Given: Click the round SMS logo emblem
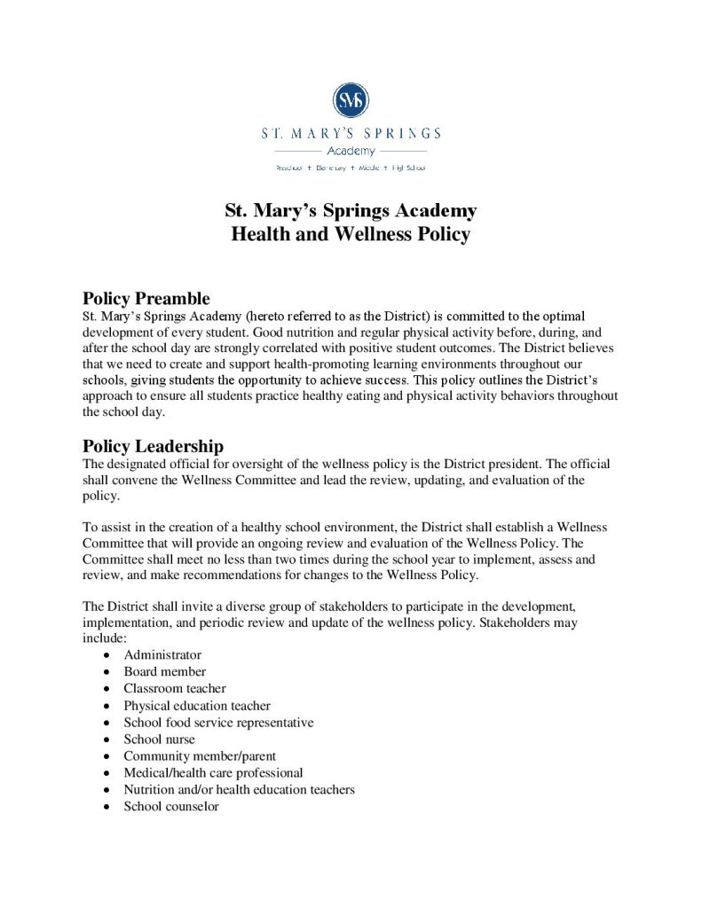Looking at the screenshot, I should click(x=351, y=99).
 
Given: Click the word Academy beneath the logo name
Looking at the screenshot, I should click(x=351, y=151).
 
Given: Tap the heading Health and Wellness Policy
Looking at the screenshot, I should click(x=351, y=235).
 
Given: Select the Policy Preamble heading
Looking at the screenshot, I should click(x=146, y=298).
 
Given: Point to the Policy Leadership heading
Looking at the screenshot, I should click(x=153, y=446).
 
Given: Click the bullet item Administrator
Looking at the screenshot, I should click(x=162, y=654).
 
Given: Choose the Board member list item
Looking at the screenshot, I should click(x=164, y=671).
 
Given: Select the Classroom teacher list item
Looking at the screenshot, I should click(x=175, y=688).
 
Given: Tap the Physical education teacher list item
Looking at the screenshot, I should click(x=197, y=706).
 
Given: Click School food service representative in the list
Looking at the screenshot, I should click(x=218, y=723).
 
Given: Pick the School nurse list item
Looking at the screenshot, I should click(x=159, y=740).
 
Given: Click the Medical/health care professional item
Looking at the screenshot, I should click(x=213, y=773).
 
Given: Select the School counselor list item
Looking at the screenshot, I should click(x=171, y=807).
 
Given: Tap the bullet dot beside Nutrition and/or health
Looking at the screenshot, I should click(x=107, y=790).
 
